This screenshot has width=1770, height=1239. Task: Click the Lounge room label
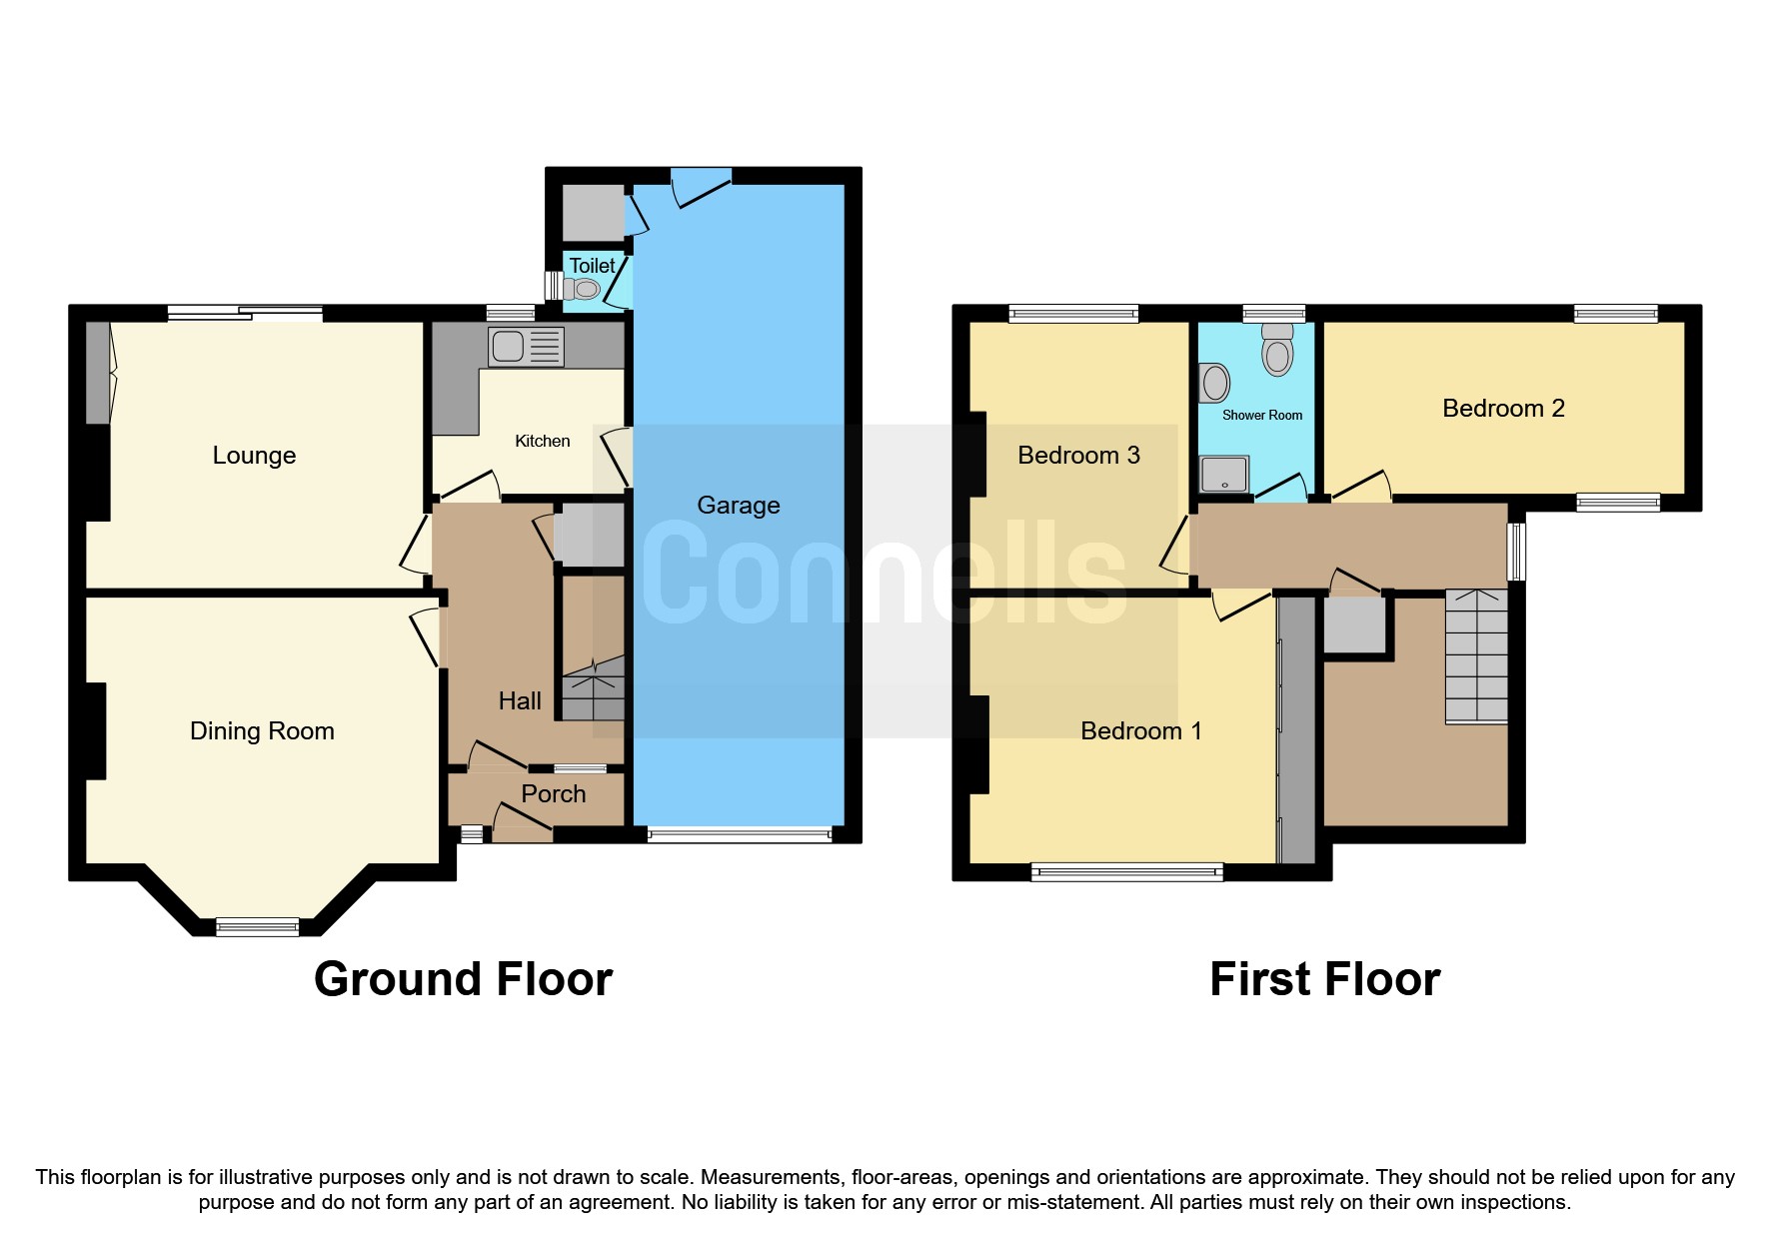click(254, 456)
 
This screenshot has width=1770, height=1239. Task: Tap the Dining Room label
click(262, 731)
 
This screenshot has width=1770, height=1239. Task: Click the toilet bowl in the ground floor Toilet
click(582, 290)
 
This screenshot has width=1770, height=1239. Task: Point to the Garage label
click(738, 506)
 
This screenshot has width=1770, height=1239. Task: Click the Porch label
click(553, 794)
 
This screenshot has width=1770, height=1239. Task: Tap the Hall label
click(520, 701)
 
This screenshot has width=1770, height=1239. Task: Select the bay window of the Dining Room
click(257, 927)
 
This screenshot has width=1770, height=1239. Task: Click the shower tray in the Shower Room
click(1224, 475)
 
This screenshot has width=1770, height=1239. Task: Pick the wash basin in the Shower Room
click(1214, 382)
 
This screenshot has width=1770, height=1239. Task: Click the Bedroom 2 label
click(1502, 409)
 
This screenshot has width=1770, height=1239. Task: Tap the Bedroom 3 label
click(1078, 456)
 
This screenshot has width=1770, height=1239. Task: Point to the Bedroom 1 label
click(1140, 731)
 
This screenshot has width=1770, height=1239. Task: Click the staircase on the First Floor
click(1476, 656)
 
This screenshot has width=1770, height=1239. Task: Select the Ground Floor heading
click(463, 979)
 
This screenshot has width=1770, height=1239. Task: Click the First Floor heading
click(1324, 979)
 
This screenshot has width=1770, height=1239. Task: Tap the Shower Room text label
click(1261, 416)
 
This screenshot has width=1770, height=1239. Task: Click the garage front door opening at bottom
click(739, 834)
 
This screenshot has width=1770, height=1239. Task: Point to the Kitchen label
click(542, 442)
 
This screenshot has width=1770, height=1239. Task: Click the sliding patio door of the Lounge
click(245, 314)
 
